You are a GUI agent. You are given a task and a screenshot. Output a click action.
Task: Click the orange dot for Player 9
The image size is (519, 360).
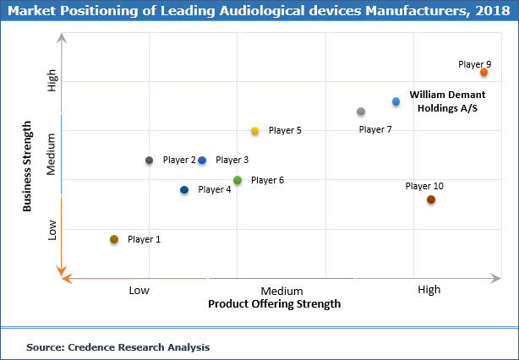pos(483,73)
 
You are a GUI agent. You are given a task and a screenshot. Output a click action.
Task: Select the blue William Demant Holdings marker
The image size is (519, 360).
pos(396,101)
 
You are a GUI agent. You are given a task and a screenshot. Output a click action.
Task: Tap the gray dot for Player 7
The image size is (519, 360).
pos(361,112)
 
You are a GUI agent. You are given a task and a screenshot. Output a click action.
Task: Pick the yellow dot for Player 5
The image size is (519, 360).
pos(254,131)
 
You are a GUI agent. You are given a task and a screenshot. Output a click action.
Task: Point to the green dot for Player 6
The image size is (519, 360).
pos(238,180)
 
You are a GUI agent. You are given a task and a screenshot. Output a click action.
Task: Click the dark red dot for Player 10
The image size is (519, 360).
pos(431,199)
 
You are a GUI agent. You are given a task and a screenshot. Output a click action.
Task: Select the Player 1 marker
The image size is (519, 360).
pos(114,239)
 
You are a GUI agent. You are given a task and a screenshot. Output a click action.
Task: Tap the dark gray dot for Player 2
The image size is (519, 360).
pos(149,161)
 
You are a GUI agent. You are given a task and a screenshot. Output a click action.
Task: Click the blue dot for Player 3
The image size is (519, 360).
pos(202,161)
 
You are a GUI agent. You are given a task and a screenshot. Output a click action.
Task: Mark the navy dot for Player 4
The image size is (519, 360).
pos(184,190)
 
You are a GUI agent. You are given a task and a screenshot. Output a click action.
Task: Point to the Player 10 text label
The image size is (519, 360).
pos(424,186)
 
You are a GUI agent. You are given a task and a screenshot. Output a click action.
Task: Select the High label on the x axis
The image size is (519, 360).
pos(429,290)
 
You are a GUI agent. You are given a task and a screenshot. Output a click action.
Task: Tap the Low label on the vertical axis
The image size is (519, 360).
pos(52,230)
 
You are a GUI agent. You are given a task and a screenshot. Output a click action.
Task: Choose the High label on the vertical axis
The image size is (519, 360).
pos(52,80)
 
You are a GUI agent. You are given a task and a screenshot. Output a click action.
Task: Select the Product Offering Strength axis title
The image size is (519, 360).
pos(275,304)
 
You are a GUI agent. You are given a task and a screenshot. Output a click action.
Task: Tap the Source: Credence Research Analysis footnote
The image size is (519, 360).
pos(117,346)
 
